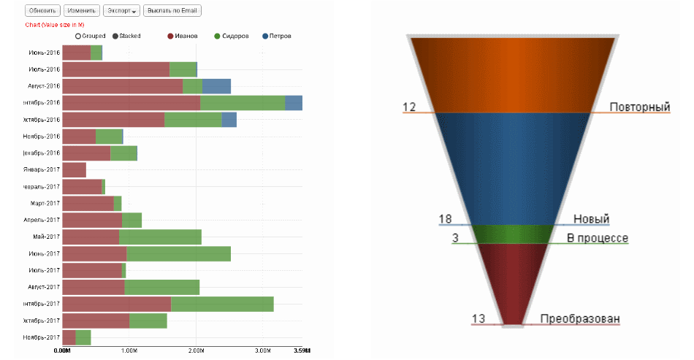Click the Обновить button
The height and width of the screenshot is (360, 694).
42,11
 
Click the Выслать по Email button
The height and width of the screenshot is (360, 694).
172,11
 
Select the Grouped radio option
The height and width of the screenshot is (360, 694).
78,36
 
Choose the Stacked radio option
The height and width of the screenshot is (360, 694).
115,36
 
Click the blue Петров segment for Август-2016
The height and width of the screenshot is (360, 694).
216,86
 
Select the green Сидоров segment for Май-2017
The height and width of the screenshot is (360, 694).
160,237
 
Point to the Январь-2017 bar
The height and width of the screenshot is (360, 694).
74,170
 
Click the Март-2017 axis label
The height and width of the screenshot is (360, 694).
45,204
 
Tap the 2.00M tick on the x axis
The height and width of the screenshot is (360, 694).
196,351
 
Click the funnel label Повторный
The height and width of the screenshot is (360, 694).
640,107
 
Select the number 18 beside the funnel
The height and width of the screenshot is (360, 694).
445,219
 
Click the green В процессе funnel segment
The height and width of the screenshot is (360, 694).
511,234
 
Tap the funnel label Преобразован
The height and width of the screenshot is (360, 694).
580,318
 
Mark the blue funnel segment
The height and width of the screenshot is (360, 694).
511,168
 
